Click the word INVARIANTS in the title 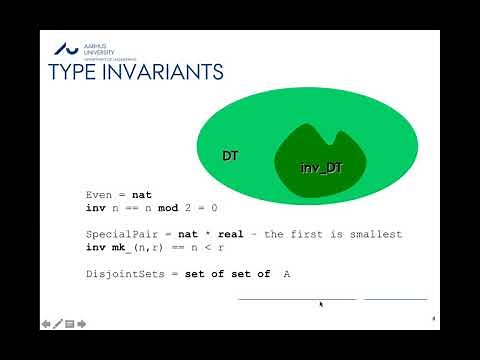coord(163,73)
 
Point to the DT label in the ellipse coord(231,156)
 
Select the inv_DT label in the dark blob coord(321,168)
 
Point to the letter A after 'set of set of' coord(286,273)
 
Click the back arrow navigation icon coord(46,323)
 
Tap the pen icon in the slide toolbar coord(58,323)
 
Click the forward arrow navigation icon coord(81,323)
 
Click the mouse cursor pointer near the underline coord(320,304)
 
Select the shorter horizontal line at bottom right coord(395,298)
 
